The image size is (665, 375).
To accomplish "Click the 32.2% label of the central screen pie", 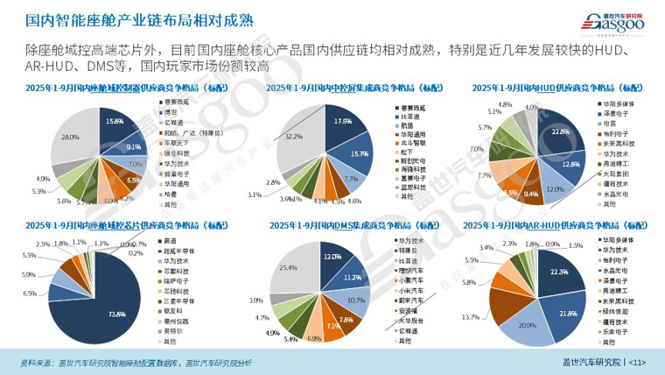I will pos(295,137).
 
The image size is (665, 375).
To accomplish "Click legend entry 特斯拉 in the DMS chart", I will pos(408,249).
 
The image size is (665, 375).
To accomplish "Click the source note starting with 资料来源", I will pos(136,362).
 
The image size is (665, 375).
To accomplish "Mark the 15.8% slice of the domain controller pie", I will pos(114,122).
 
